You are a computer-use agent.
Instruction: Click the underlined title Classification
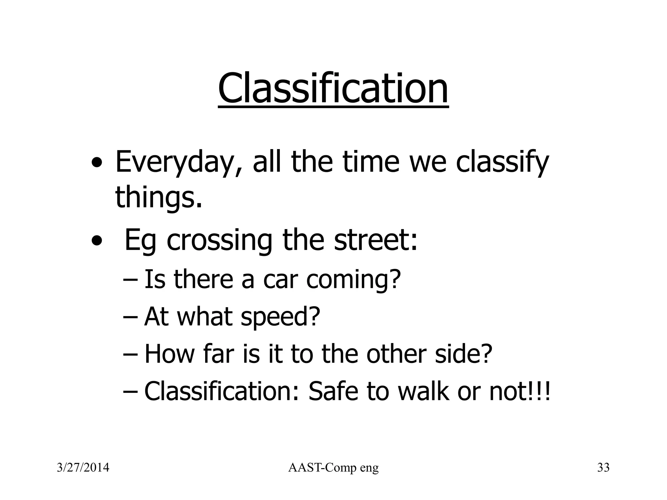pos(333,89)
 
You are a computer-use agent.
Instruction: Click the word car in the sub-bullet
pos(280,279)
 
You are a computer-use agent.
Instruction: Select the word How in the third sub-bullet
pos(169,354)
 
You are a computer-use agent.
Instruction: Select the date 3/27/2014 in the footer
pos(83,468)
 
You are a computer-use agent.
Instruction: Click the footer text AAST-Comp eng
pos(333,468)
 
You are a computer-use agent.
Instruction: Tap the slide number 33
pos(603,468)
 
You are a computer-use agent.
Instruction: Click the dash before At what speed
pos(131,317)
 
